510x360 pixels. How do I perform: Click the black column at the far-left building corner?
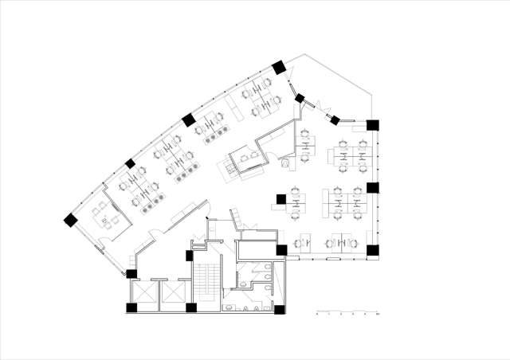tap(71, 219)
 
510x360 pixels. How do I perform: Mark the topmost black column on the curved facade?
tap(279, 68)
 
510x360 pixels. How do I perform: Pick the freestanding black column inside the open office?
tap(281, 198)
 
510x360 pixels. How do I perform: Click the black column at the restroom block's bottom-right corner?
tap(280, 308)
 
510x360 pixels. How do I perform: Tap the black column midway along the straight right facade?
tap(372, 189)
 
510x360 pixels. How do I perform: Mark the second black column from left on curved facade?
tap(130, 164)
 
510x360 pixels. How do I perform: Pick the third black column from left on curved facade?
tap(189, 120)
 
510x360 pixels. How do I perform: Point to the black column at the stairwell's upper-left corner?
tap(189, 255)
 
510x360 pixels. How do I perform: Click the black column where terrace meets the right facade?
tap(373, 124)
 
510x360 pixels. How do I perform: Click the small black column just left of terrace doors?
tap(300, 99)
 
